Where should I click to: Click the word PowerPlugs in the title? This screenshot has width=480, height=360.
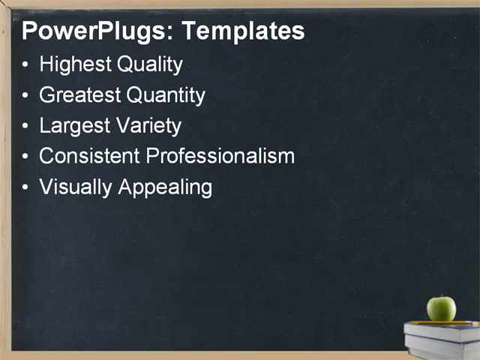(96, 32)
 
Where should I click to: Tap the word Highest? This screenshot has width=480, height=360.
(76, 65)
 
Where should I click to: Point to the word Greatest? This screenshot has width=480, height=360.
(80, 95)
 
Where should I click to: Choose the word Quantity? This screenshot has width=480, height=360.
(166, 95)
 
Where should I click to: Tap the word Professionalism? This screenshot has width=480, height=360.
(220, 156)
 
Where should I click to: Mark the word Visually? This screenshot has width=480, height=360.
(76, 187)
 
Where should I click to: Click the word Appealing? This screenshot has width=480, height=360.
(165, 187)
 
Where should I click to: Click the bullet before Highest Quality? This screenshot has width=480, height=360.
(26, 66)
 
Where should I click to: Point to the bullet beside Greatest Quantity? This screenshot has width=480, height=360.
(26, 96)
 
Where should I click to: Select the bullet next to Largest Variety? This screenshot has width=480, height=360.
(26, 127)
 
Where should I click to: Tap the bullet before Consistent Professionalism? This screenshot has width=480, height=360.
(26, 157)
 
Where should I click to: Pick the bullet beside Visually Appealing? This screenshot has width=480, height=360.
(26, 187)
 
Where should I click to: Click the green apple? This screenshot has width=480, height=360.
(441, 308)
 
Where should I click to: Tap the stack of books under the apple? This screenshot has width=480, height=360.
(442, 339)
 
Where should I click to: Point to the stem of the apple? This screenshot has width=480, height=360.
(442, 297)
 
